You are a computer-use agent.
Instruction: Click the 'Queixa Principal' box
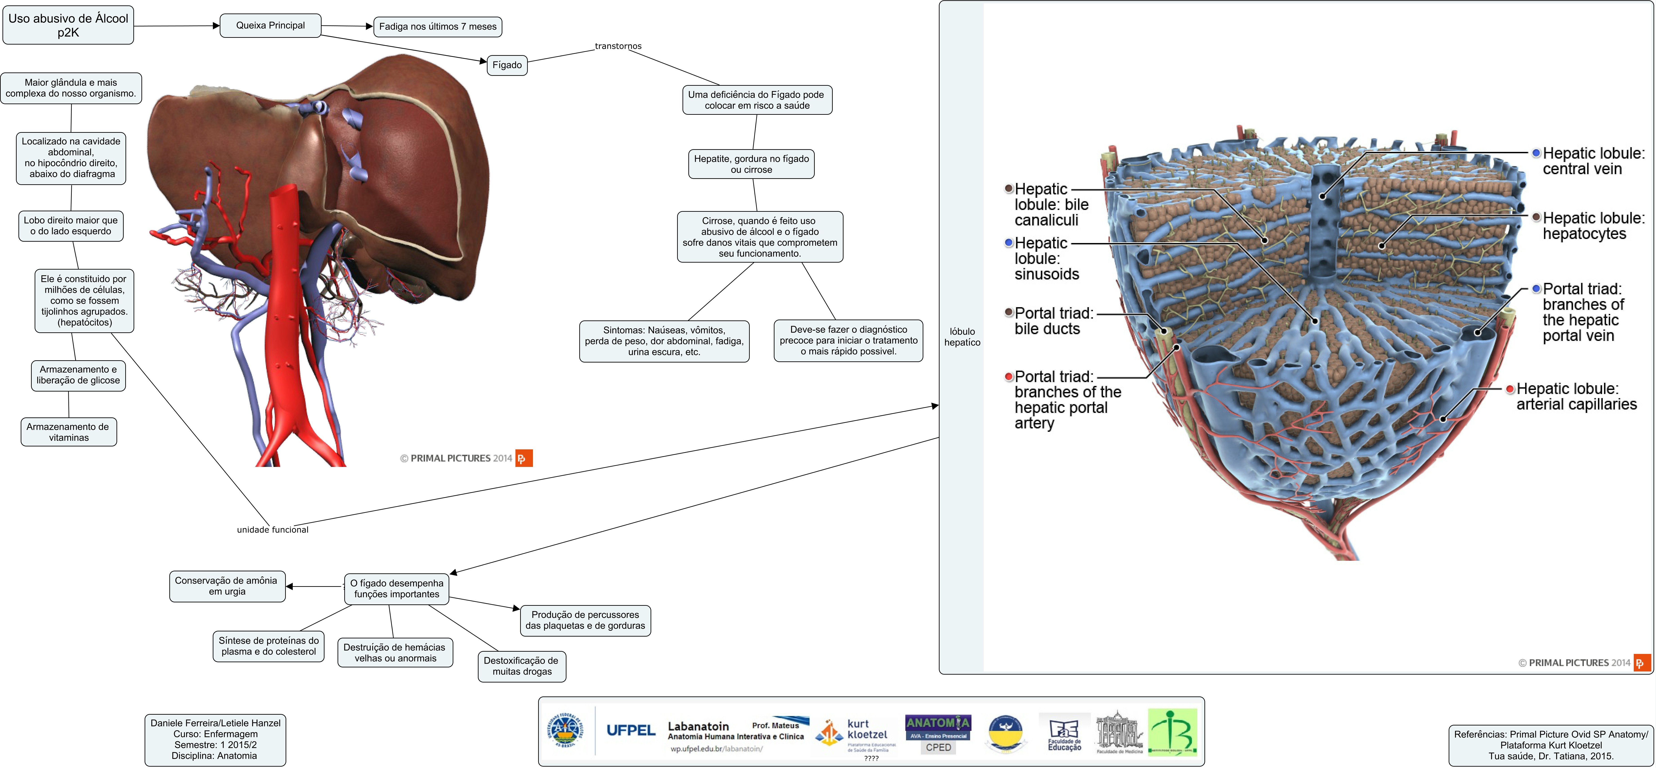pos(270,26)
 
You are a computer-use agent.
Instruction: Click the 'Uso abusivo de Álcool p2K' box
pos(68,26)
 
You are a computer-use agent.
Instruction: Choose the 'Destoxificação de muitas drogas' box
pos(521,666)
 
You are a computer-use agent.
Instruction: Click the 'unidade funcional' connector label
pos(273,529)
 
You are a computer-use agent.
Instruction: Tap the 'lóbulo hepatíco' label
pos(962,336)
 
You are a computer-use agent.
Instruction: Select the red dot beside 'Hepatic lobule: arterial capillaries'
pos(1510,389)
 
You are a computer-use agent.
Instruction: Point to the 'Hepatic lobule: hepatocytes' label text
pos(1593,226)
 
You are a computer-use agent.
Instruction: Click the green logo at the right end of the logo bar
pos(1173,732)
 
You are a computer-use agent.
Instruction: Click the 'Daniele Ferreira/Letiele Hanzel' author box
pos(215,740)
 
